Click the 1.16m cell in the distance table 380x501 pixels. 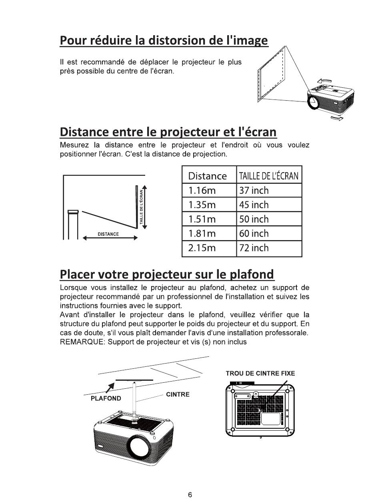pyautogui.click(x=209, y=190)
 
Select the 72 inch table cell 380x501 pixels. pyautogui.click(x=269, y=249)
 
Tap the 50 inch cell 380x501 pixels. pyautogui.click(x=269, y=219)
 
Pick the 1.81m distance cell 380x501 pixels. pyautogui.click(x=209, y=233)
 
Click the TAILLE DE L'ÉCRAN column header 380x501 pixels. pyautogui.click(x=269, y=176)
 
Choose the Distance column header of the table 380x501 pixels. pyautogui.click(x=207, y=176)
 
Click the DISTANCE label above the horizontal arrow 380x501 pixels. pyautogui.click(x=108, y=234)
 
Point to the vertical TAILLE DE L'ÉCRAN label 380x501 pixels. pyautogui.click(x=142, y=207)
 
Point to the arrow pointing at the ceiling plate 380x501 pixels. pyautogui.click(x=110, y=388)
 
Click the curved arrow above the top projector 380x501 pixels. pyautogui.click(x=324, y=81)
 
